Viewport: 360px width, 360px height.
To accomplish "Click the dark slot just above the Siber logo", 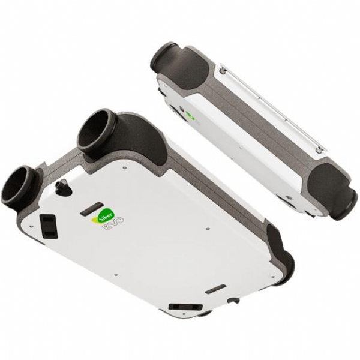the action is [92, 208].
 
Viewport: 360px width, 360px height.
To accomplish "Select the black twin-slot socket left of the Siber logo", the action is [49, 226].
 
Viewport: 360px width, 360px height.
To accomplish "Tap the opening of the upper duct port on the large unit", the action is [94, 129].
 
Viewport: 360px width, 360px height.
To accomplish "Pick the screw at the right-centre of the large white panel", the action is [208, 229].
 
